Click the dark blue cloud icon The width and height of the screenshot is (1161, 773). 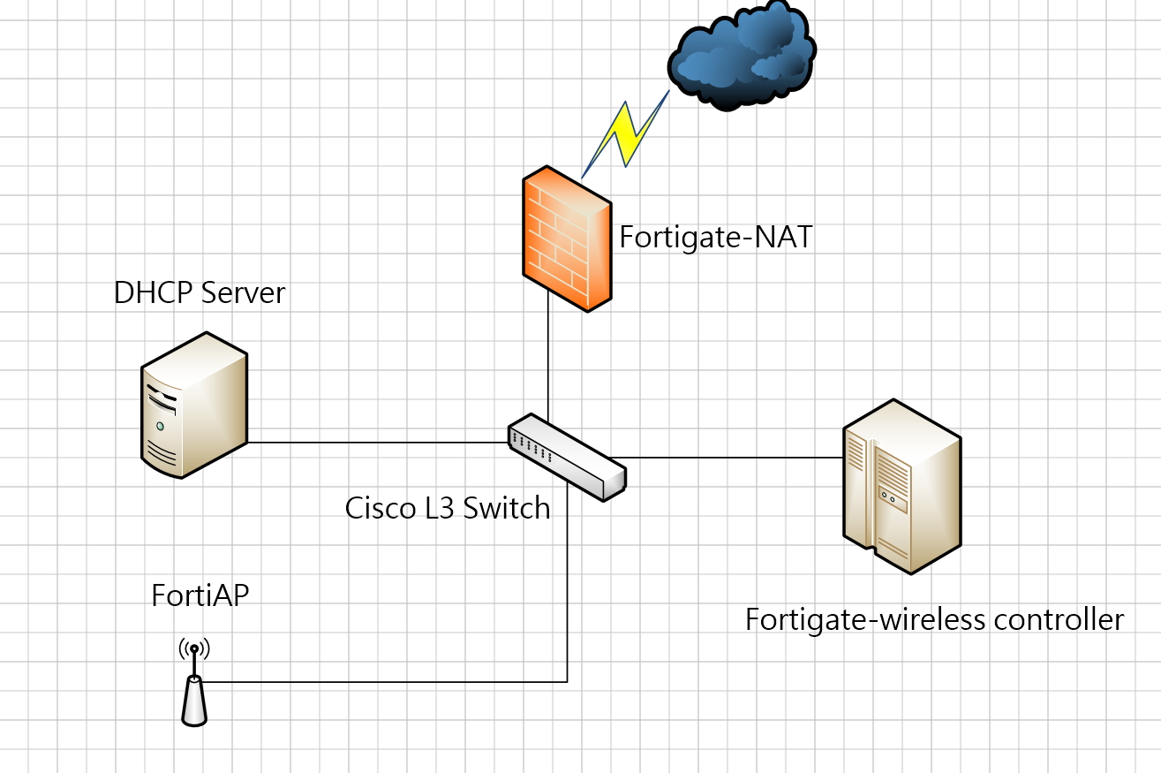(740, 55)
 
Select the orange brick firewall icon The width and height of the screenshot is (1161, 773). (566, 239)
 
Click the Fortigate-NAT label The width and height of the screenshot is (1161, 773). (715, 237)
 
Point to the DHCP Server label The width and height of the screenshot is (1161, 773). (200, 292)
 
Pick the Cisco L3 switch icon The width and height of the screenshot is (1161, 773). (566, 456)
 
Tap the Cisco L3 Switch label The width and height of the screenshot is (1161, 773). (448, 508)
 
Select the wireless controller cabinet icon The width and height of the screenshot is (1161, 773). (901, 486)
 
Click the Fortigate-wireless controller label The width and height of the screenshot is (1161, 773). (934, 618)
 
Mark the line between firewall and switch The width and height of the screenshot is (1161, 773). (548, 362)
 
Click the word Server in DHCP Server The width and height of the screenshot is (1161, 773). (245, 292)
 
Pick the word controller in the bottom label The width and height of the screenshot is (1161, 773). (1059, 618)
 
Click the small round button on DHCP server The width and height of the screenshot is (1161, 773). (160, 426)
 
